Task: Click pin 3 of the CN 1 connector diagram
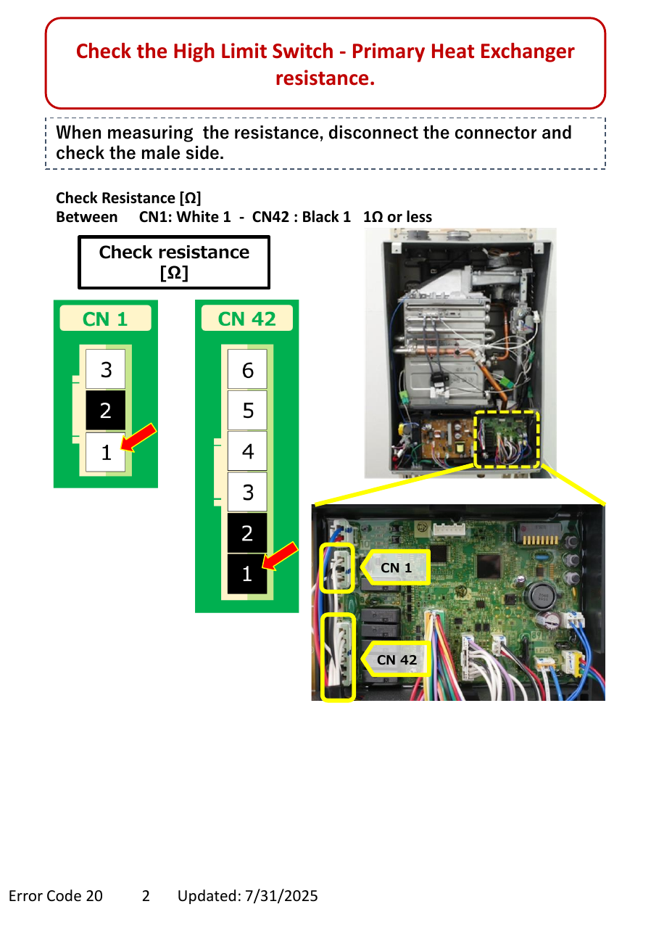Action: coord(105,369)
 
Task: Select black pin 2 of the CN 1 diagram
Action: coord(105,410)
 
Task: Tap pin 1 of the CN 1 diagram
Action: coord(105,452)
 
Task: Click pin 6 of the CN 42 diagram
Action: coord(247,369)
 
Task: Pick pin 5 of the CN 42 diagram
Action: coord(247,410)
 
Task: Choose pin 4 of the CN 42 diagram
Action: coord(247,451)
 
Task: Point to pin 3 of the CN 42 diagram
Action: coord(247,492)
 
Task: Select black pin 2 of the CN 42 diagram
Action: coord(247,533)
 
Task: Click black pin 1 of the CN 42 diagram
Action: coord(247,574)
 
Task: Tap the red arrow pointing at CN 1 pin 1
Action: coord(138,437)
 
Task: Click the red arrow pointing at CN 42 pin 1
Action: coord(280,556)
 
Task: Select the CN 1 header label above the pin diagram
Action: coord(105,318)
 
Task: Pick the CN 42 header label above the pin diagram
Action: coord(246,318)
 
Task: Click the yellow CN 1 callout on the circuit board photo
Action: coord(395,567)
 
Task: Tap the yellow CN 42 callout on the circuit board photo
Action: coord(395,659)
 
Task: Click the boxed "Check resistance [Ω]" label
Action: coord(174,263)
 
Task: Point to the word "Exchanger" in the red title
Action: coord(527,52)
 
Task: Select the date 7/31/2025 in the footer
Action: coord(281,896)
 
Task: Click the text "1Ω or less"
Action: coord(397,217)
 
